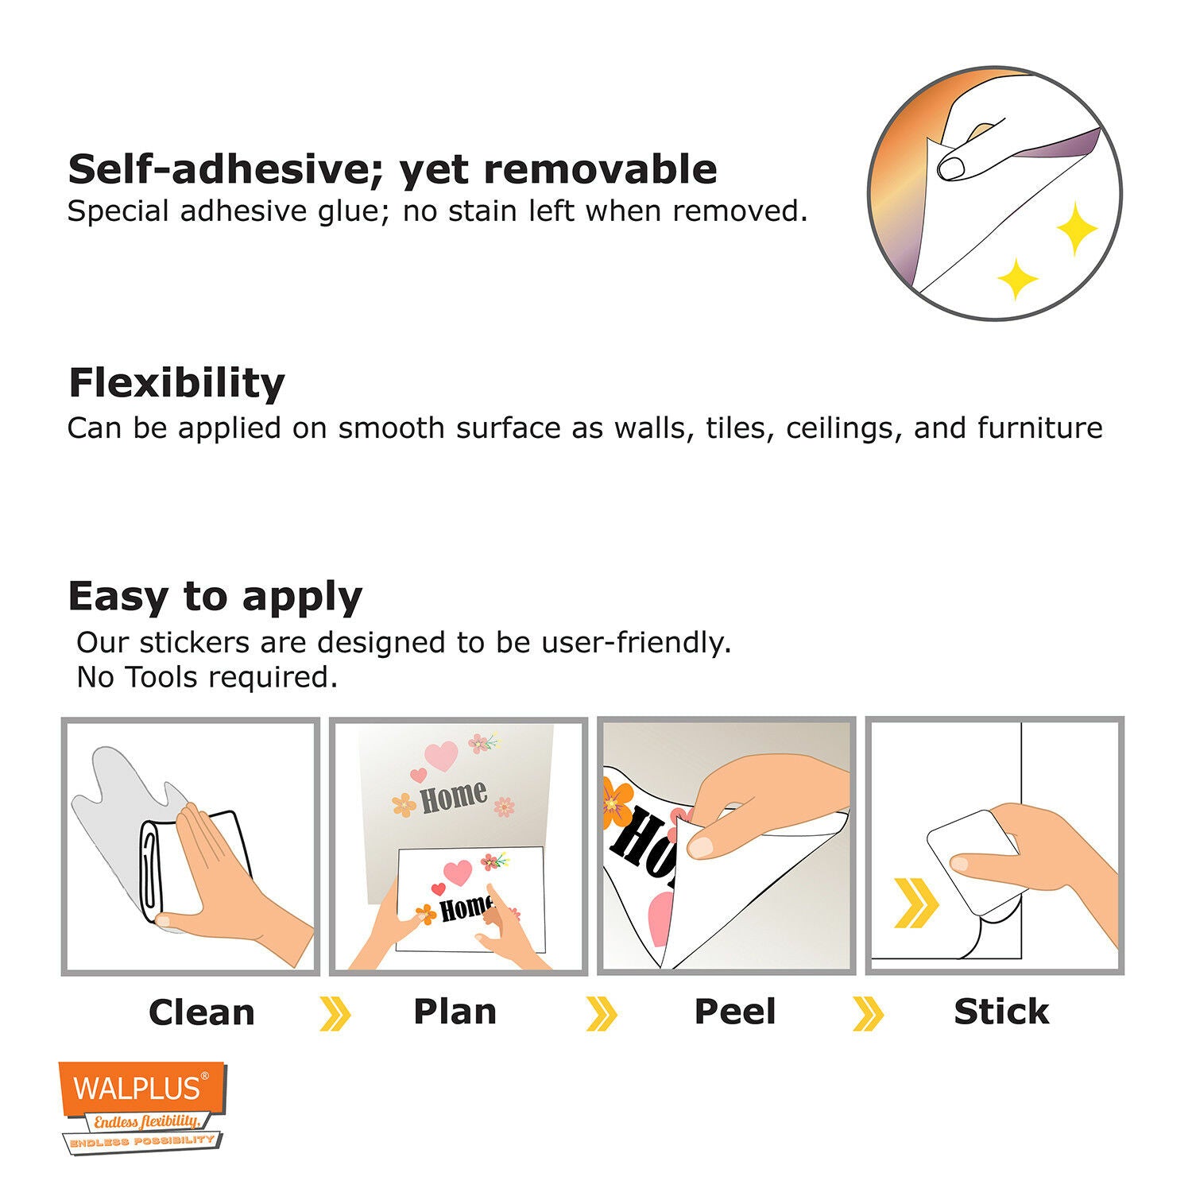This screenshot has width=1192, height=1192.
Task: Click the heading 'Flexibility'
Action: point(176,383)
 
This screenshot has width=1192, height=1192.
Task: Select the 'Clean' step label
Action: point(202,1012)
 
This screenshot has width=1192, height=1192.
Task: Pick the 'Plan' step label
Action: point(455,1012)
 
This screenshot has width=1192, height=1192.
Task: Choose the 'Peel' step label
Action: point(735,1012)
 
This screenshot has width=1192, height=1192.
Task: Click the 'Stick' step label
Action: point(1001,1012)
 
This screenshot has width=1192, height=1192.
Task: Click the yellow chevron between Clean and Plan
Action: point(335,1014)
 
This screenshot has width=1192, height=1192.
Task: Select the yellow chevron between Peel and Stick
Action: point(868,1014)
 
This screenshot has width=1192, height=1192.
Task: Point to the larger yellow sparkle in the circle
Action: point(1077,229)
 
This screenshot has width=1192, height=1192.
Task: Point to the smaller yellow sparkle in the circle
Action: point(1018,279)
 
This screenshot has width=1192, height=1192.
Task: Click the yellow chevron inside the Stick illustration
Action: point(916,904)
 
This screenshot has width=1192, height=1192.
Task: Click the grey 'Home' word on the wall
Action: point(453,797)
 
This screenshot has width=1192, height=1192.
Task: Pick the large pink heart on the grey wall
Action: point(442,757)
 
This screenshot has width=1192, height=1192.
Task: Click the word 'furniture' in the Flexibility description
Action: point(1039,428)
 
